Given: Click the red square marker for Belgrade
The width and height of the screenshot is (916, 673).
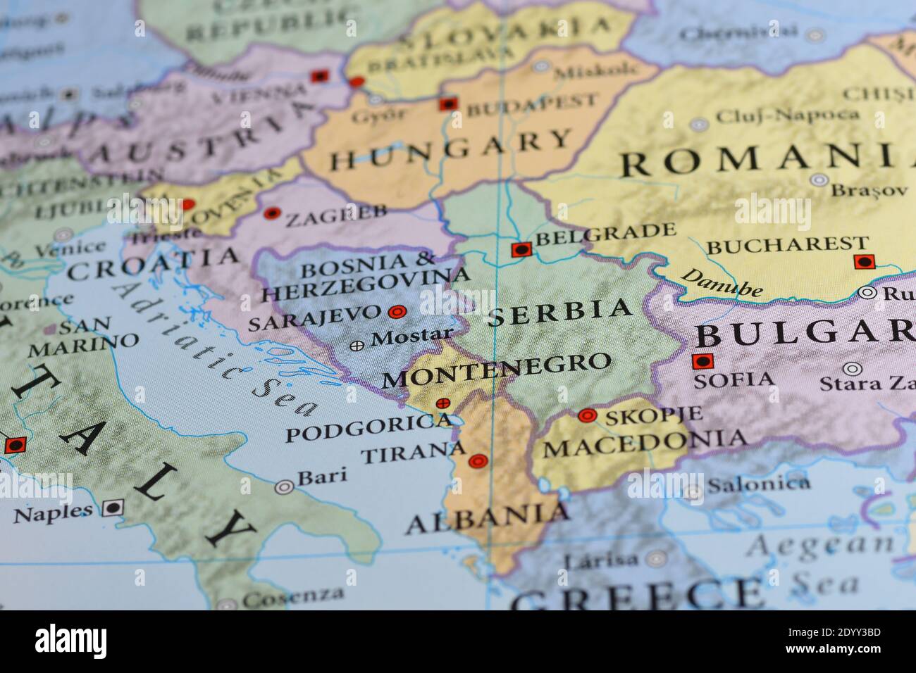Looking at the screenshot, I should pyautogui.click(x=521, y=249).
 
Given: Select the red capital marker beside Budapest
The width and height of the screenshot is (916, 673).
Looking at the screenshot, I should pyautogui.click(x=447, y=104).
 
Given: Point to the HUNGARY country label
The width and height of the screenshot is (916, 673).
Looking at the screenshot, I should pyautogui.click(x=451, y=150).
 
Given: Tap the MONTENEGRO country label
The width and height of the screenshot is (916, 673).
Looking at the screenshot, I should pyautogui.click(x=496, y=370).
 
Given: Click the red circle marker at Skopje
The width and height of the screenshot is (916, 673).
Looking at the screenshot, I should pyautogui.click(x=587, y=416).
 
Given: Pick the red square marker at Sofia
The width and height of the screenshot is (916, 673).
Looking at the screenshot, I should pyautogui.click(x=702, y=362).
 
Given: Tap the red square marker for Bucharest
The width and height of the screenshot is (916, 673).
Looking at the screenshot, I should pyautogui.click(x=864, y=262).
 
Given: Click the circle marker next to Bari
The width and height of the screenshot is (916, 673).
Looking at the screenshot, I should pyautogui.click(x=285, y=486).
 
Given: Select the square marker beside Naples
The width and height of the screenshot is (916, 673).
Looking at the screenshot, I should pyautogui.click(x=111, y=508).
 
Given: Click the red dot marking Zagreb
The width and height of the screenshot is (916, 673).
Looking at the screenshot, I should pyautogui.click(x=271, y=213).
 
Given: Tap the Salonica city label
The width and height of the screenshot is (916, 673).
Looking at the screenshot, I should pyautogui.click(x=758, y=484).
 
